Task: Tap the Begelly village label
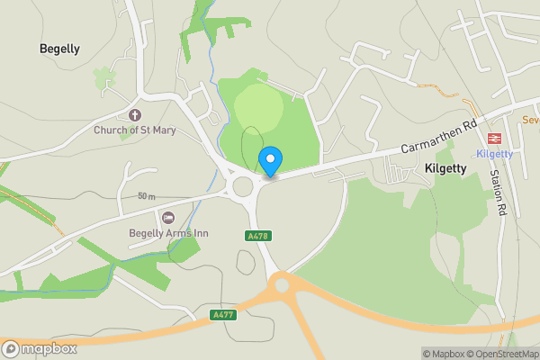(x=59, y=49)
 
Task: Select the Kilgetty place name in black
(x=444, y=168)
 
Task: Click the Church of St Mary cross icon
(x=135, y=115)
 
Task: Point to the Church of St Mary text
(x=135, y=130)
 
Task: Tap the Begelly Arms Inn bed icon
(x=168, y=217)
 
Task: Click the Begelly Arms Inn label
(x=168, y=233)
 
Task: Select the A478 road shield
(x=257, y=236)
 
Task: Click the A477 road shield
(x=224, y=314)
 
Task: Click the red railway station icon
(x=494, y=139)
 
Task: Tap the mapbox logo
(x=40, y=348)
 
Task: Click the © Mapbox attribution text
(x=447, y=354)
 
